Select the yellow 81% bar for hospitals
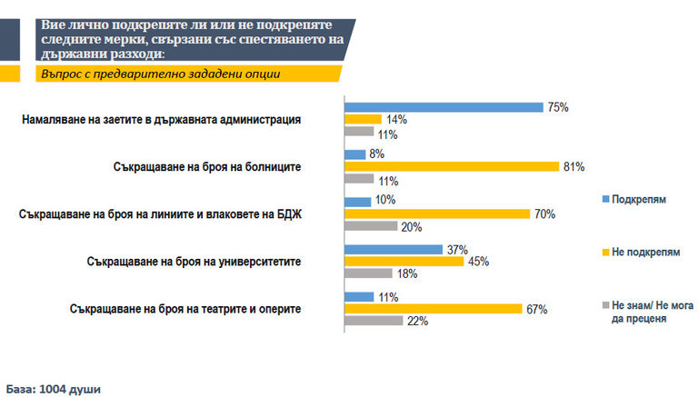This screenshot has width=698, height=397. [451, 166]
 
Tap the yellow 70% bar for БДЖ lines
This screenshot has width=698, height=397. [436, 213]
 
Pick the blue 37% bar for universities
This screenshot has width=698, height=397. [393, 249]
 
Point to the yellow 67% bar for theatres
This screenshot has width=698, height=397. [432, 309]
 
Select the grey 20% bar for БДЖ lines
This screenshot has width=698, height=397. [370, 225]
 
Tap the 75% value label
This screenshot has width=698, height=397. [557, 107]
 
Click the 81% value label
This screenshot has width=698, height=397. [573, 166]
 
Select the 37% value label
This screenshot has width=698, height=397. [456, 249]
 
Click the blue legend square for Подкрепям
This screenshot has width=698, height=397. [604, 198]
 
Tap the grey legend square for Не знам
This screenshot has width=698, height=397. [604, 306]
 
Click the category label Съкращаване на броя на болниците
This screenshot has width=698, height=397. [220, 166]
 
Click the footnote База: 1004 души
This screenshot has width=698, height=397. [54, 388]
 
